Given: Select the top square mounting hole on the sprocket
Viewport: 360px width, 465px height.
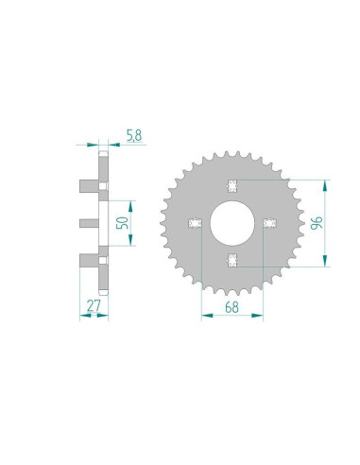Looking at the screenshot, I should coord(231,182).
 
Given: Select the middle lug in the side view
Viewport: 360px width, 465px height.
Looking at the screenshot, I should coord(87,223).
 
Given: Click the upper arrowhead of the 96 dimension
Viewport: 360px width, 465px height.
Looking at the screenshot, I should coord(326,183).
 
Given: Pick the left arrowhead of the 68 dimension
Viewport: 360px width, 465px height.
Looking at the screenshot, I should coord(205,314).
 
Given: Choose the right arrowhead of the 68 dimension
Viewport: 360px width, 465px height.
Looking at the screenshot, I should coord(257,314).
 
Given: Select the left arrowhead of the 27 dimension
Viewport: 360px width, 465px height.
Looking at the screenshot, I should coord(80,315).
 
